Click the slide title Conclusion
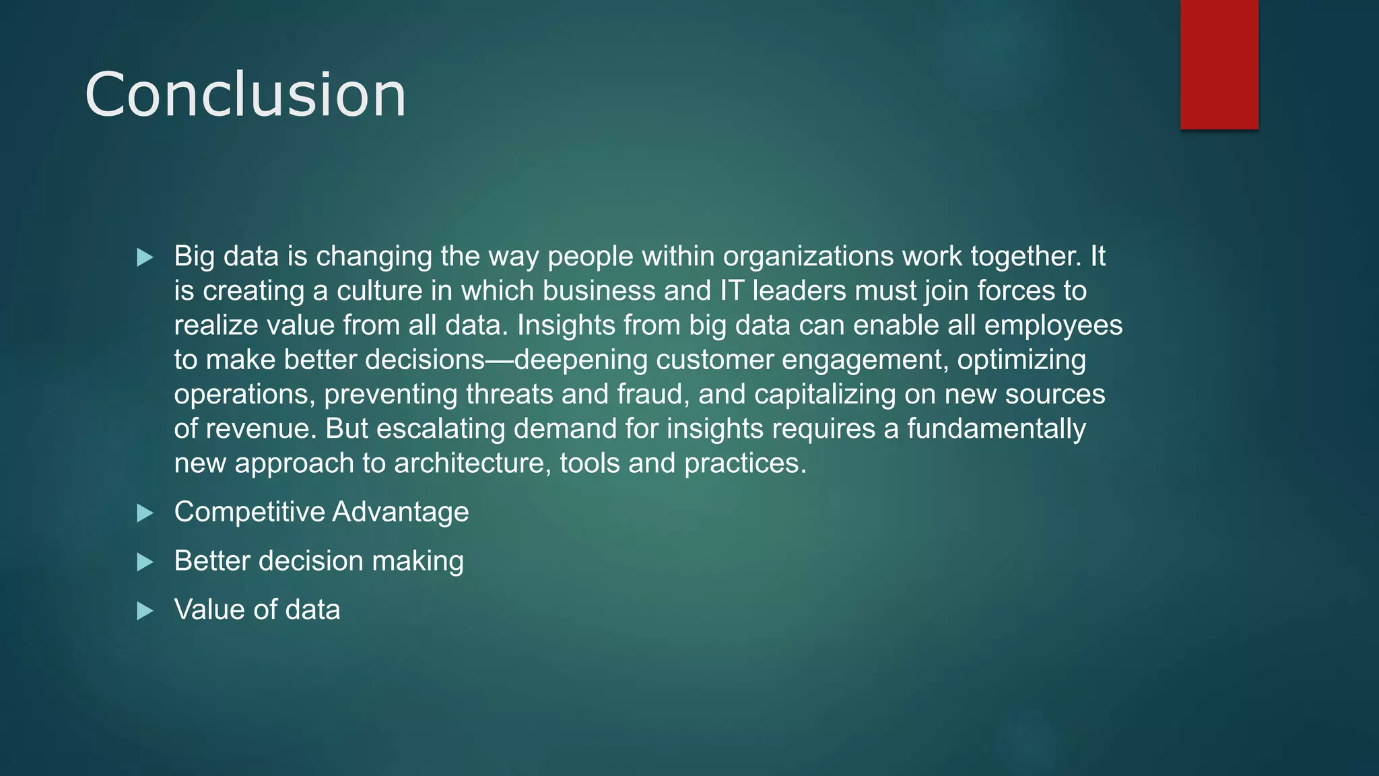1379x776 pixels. pos(245,95)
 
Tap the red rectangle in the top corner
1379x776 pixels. pos(1219,64)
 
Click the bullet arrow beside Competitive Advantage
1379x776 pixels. pos(145,513)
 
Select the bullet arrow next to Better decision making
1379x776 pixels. pos(145,562)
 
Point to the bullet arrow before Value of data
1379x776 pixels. pos(145,611)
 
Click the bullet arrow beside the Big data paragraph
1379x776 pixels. pos(145,257)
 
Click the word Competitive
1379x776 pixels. pos(249,512)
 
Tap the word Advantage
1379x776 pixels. pos(401,512)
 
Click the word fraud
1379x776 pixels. pos(652,394)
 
